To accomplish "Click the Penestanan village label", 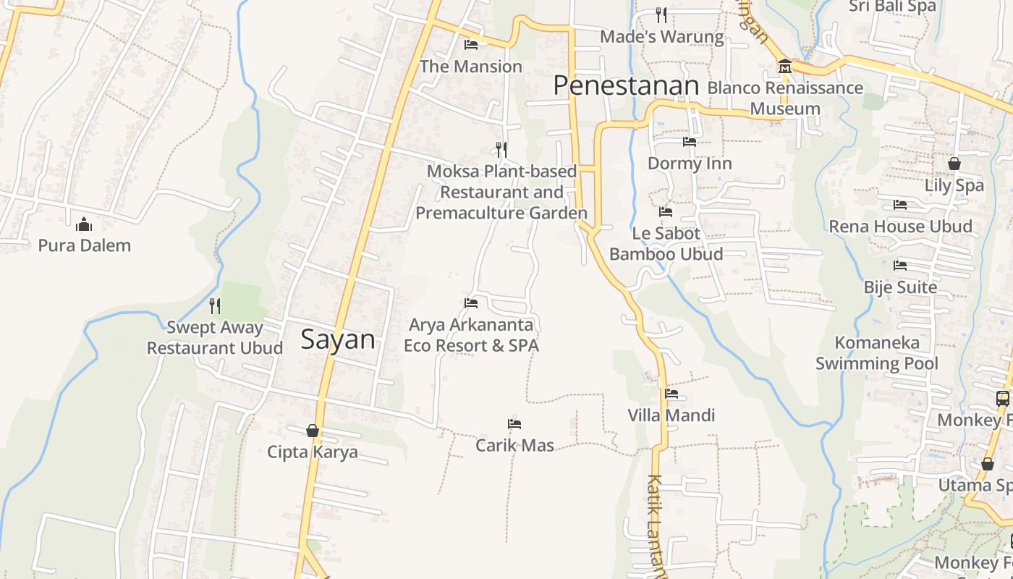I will point(626,86).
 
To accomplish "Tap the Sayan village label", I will point(338,339).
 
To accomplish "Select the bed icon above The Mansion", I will point(471,45).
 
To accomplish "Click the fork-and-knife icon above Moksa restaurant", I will point(501,149).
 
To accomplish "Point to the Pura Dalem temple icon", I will point(84,224).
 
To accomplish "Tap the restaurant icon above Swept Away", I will point(214,305).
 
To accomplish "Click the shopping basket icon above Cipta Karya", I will point(313,431).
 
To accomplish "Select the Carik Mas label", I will point(514,445).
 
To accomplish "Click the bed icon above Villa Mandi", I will point(671,394).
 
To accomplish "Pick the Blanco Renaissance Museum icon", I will point(784,67).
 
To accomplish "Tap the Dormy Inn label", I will point(690,164).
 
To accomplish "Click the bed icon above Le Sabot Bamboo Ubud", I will point(666,212).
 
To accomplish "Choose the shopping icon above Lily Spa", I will point(954,164).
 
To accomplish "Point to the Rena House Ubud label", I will point(900,227).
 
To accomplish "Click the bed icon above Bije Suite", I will point(900,266).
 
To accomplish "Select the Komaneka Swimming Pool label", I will point(877,353).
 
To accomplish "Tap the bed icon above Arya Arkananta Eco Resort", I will point(471,303).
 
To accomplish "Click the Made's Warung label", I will point(661,37).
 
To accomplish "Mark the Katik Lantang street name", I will point(657,525).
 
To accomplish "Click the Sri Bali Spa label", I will point(892,7).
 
